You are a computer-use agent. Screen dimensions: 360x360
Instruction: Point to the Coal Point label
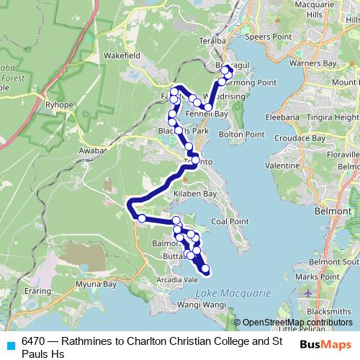coord(230,221)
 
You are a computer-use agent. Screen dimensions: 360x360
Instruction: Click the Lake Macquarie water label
coord(232,293)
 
